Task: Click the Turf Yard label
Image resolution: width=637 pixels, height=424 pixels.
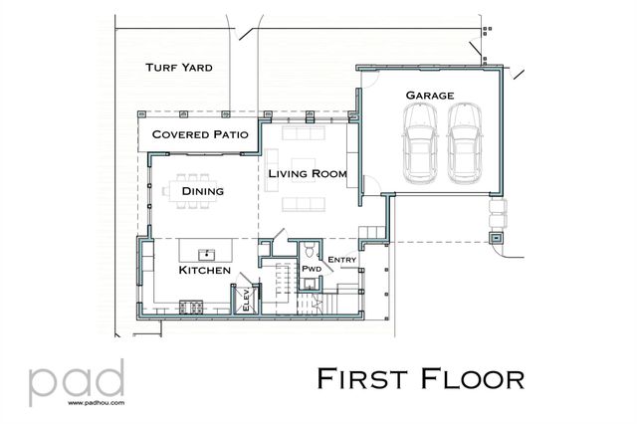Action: click(179, 68)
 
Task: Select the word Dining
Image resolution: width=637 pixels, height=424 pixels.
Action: click(201, 191)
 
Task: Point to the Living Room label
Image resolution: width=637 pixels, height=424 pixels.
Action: click(308, 174)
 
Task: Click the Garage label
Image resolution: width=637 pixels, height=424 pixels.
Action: click(430, 96)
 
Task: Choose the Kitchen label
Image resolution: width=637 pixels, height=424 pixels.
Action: click(205, 271)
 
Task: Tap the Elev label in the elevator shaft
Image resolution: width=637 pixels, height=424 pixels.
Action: click(245, 300)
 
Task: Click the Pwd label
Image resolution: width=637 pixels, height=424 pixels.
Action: click(311, 269)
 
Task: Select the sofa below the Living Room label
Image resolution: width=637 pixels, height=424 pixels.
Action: click(304, 206)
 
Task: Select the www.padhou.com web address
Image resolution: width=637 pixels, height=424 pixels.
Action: click(95, 405)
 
